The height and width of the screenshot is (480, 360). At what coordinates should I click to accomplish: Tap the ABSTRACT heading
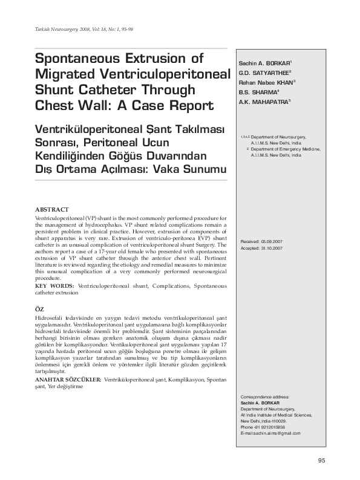click(x=51, y=209)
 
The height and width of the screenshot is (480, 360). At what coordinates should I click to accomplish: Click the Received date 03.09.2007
click(x=261, y=241)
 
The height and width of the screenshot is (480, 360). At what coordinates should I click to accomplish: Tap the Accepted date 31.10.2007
click(x=261, y=248)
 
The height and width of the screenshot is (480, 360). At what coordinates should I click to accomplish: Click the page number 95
click(x=321, y=461)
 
